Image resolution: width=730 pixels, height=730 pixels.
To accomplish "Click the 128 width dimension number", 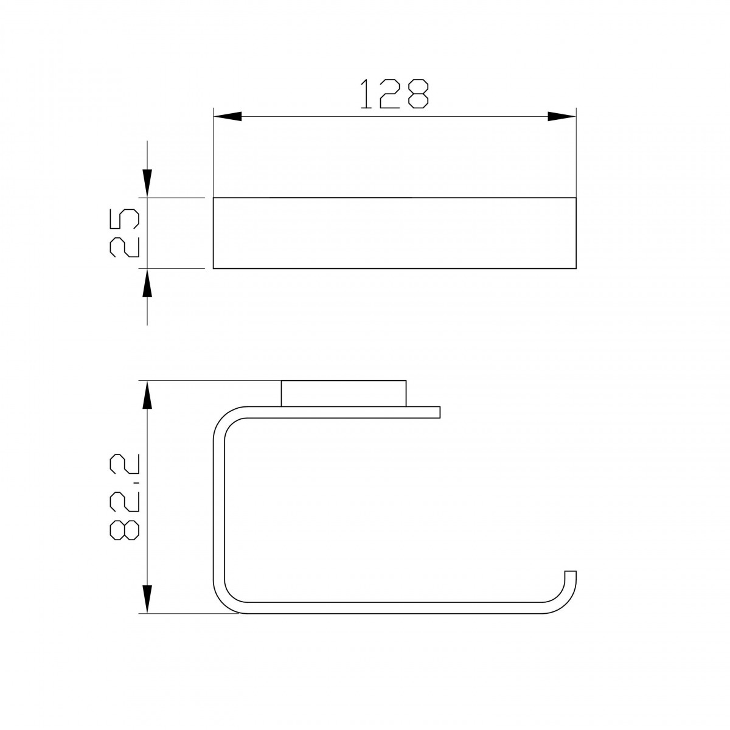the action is [394, 94].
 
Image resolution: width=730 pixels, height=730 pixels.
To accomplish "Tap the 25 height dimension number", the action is [125, 232].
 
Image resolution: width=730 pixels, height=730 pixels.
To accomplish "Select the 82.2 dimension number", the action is [125, 497].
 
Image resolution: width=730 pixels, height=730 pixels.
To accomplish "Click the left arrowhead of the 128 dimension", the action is [228, 116].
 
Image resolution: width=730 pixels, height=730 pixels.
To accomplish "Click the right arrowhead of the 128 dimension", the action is [562, 116].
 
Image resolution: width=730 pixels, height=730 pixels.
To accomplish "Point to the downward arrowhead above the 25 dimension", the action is [147, 183].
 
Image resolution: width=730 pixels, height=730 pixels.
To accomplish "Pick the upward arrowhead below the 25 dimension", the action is [147, 283].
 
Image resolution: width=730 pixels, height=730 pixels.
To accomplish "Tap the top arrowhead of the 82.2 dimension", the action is [147, 395].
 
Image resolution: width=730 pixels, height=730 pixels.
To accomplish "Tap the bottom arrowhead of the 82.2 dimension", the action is [147, 599].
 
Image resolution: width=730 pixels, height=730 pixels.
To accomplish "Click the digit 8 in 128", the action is [419, 94].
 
